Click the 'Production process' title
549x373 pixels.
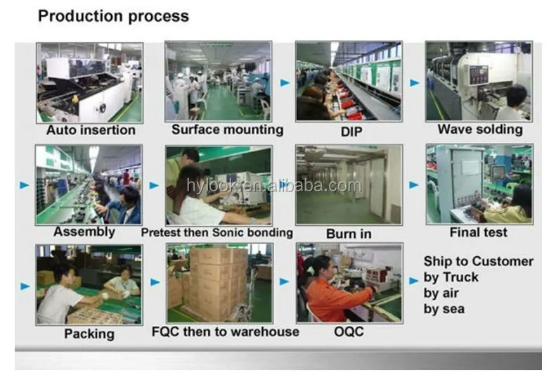click(x=113, y=15)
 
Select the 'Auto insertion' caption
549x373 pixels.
click(x=91, y=130)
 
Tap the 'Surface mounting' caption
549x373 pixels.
click(x=227, y=129)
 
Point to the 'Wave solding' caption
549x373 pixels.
click(x=479, y=129)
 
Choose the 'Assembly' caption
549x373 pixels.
click(x=84, y=232)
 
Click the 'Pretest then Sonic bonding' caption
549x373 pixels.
click(x=217, y=233)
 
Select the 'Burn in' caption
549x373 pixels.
click(x=348, y=233)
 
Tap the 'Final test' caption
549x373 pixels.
click(x=478, y=233)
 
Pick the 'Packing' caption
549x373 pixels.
click(x=89, y=334)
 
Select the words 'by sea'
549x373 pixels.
click(x=444, y=308)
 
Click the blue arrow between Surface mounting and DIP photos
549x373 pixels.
click(x=285, y=82)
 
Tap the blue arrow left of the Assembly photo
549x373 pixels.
click(x=25, y=185)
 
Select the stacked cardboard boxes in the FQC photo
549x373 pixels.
click(x=214, y=278)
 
